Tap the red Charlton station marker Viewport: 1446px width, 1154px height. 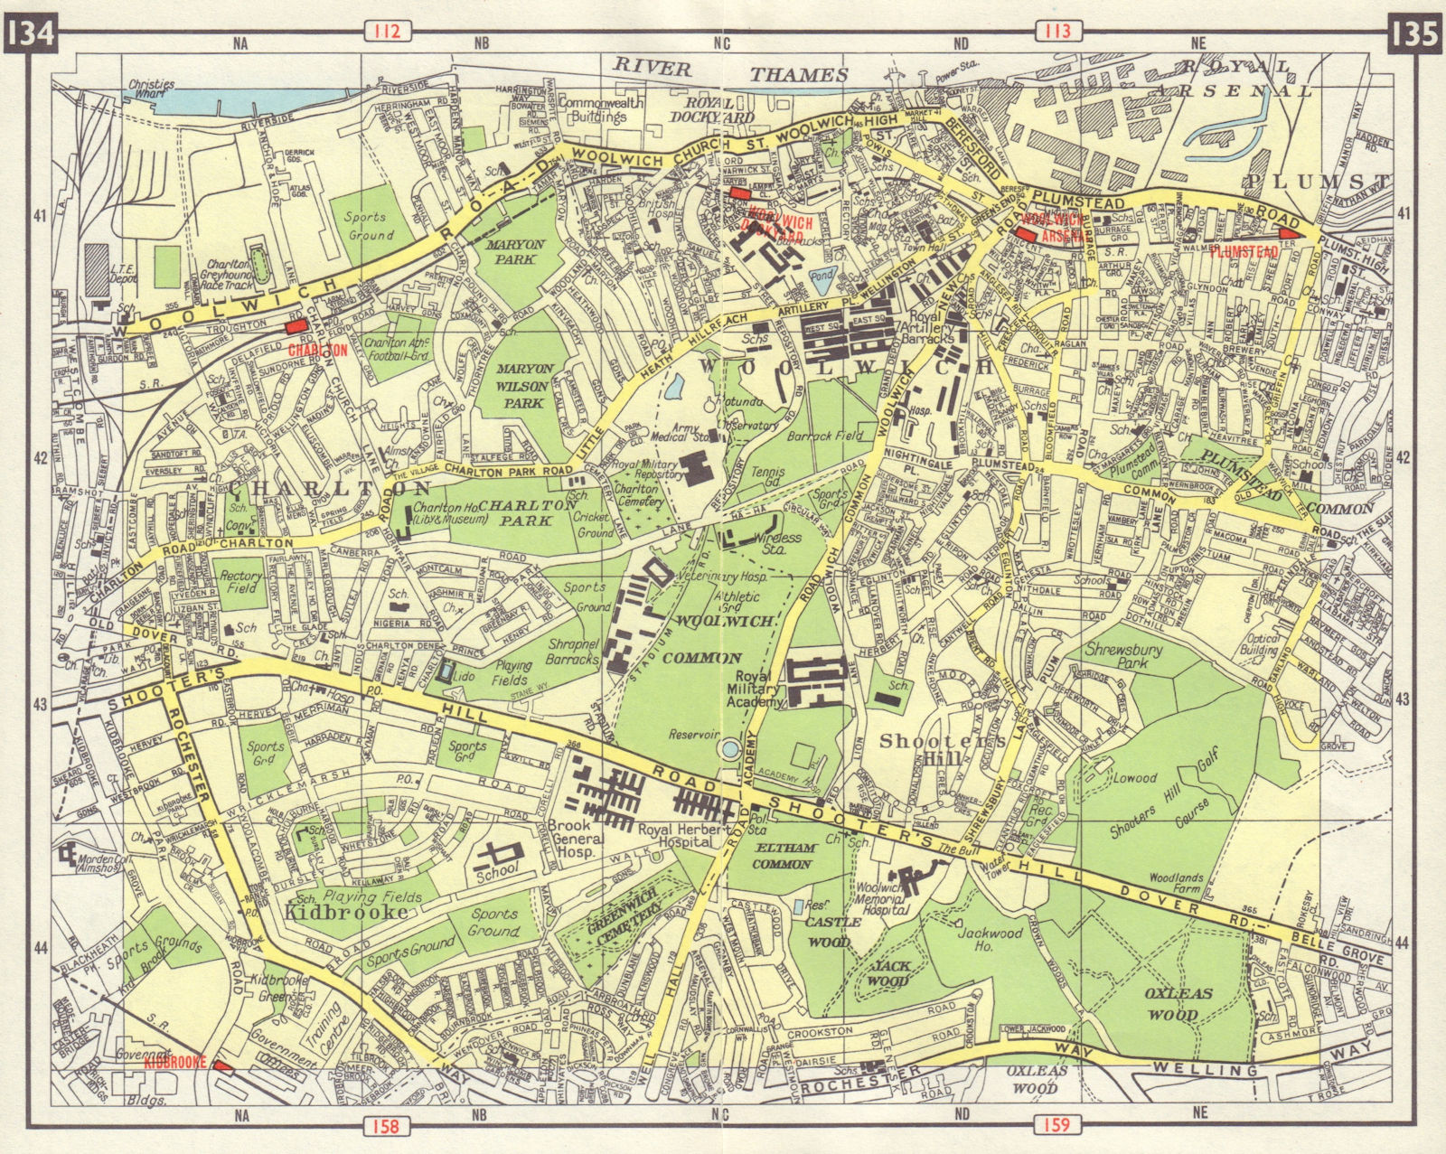coord(296,329)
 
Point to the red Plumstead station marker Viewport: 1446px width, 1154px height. coord(1288,235)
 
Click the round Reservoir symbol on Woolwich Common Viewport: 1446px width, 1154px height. coord(729,748)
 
